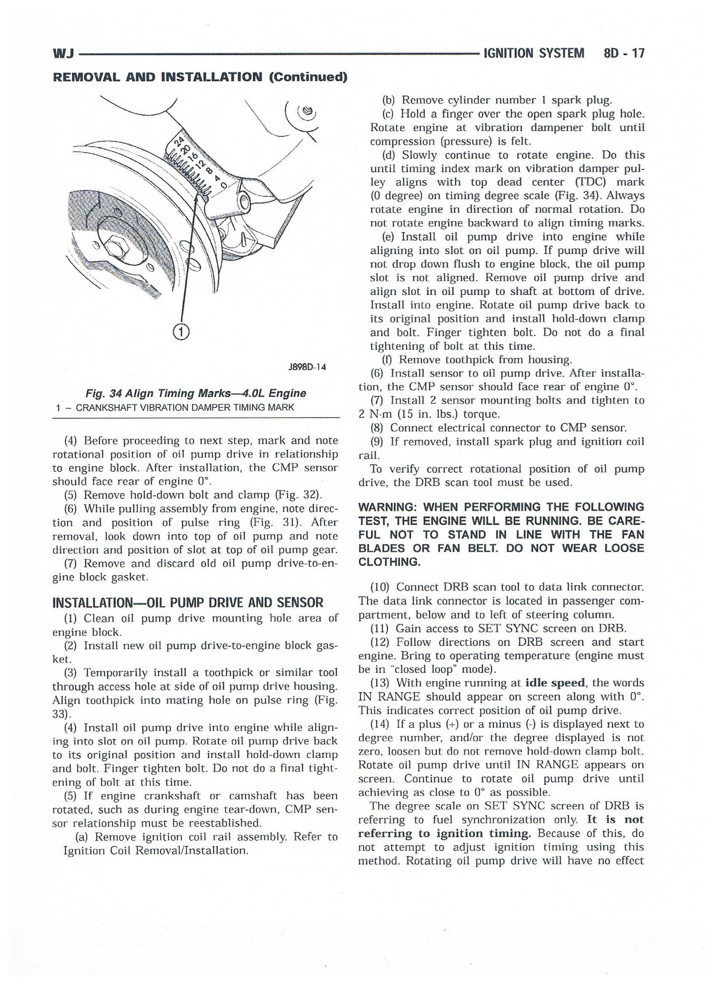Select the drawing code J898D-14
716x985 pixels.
307,367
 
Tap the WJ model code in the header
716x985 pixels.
63,54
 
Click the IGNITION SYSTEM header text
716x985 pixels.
534,53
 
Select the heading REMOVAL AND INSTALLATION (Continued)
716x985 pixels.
200,77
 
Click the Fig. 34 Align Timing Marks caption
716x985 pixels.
196,393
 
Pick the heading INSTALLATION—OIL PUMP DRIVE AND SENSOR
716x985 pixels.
188,602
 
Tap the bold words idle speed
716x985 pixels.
555,683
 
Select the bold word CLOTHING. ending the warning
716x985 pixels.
390,562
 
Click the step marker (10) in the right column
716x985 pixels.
381,587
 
